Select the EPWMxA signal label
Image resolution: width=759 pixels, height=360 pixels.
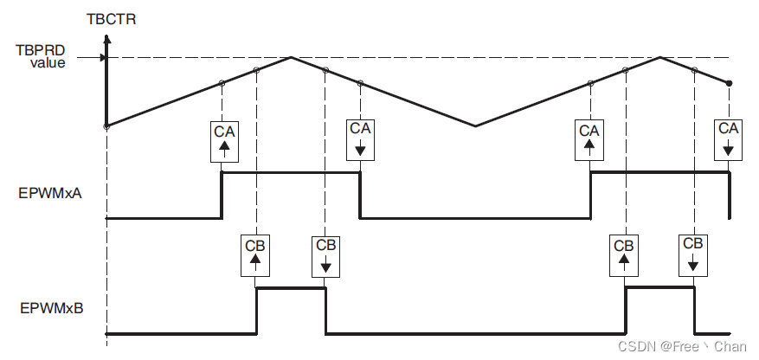tap(49, 195)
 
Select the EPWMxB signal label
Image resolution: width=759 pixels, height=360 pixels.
tap(49, 306)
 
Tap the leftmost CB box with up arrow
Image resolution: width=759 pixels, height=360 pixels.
tap(256, 254)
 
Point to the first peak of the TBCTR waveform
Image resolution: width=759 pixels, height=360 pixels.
tap(292, 58)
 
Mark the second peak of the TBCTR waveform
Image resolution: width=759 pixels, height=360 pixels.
tap(660, 58)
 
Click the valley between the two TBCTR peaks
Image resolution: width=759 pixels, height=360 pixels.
tap(475, 126)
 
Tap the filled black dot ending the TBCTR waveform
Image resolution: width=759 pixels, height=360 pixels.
tap(730, 83)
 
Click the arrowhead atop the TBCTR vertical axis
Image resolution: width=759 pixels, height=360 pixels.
tap(107, 38)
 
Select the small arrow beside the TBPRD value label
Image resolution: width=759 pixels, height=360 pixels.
tap(103, 58)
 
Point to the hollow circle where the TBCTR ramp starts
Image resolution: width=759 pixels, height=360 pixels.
tap(106, 126)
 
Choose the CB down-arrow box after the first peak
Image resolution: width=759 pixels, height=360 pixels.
tap(325, 254)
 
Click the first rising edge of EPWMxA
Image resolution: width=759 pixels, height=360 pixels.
tap(222, 195)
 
